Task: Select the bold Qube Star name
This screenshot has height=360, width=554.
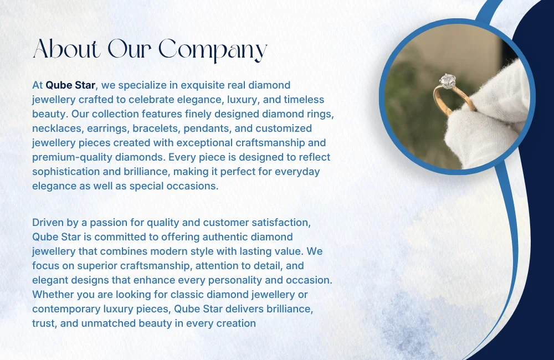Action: [71, 85]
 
